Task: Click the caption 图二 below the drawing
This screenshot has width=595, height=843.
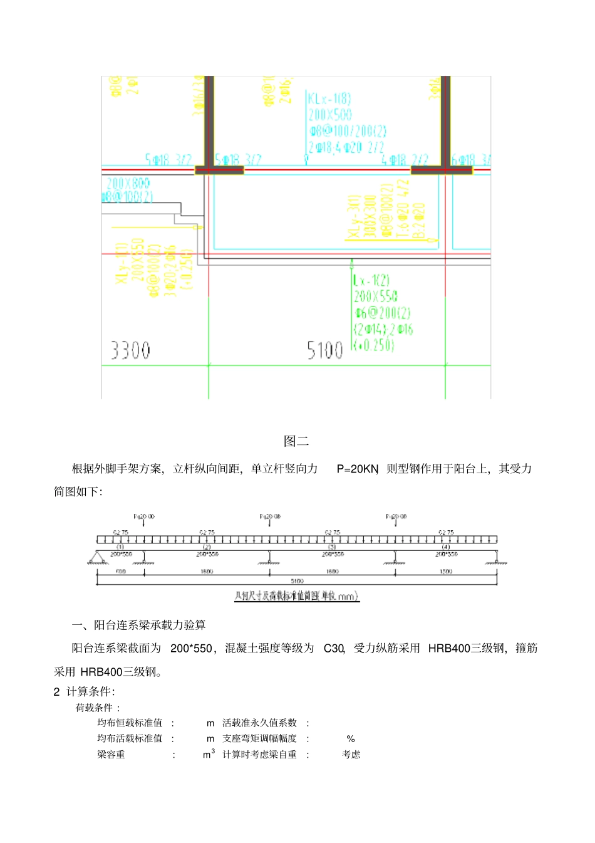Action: coord(296,441)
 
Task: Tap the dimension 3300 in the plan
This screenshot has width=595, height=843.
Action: coord(130,350)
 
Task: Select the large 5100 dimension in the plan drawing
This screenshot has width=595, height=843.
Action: coord(324,350)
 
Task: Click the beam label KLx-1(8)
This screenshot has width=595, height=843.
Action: coord(329,98)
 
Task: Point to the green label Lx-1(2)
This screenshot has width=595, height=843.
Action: coord(371,280)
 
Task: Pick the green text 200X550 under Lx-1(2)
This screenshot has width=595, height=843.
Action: coord(375,296)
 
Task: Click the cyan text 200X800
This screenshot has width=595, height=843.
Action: coord(128,183)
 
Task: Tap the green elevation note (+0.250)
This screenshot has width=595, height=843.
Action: coord(373,345)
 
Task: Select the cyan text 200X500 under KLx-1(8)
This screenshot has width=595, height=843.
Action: coord(330,115)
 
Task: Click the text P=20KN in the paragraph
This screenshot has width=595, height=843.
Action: coord(358,469)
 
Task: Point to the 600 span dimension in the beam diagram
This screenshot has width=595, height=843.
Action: coord(121,572)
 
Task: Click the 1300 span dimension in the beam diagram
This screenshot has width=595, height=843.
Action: coord(446,572)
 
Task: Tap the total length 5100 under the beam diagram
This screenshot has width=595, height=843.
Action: coord(297,581)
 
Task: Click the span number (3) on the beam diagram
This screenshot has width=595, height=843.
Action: coord(333,547)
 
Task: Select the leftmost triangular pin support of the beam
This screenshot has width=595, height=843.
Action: coord(97,557)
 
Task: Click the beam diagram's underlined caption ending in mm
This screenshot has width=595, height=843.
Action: coord(296,596)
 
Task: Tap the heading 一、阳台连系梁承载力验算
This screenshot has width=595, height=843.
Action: coord(138,625)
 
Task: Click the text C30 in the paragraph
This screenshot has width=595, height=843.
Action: coord(334,649)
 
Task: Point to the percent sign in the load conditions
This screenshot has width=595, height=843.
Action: coord(351,739)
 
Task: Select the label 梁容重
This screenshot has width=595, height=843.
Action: coord(111,755)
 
